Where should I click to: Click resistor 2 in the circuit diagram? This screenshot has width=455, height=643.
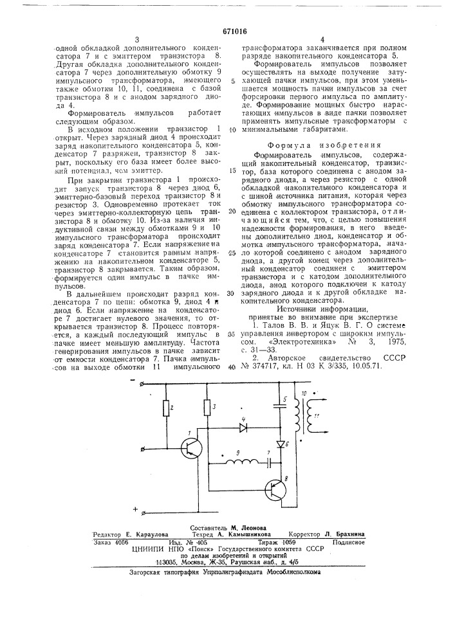[x=166, y=407]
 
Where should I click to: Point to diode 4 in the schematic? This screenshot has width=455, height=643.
[x=243, y=426]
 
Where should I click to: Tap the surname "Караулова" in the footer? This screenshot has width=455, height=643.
[x=148, y=534]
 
